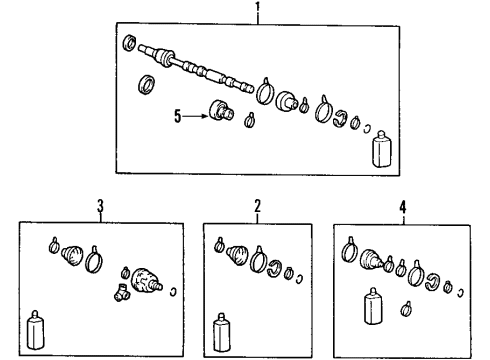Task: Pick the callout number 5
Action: point(178,115)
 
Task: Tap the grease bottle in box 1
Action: point(381,150)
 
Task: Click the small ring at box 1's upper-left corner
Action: point(128,43)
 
